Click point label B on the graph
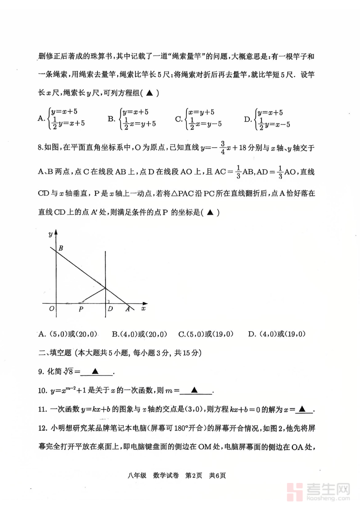[61, 248]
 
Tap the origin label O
[51, 309]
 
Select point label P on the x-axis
[81, 309]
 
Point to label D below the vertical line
[110, 309]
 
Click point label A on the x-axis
[128, 309]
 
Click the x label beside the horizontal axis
[143, 308]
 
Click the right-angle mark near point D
[108, 301]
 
